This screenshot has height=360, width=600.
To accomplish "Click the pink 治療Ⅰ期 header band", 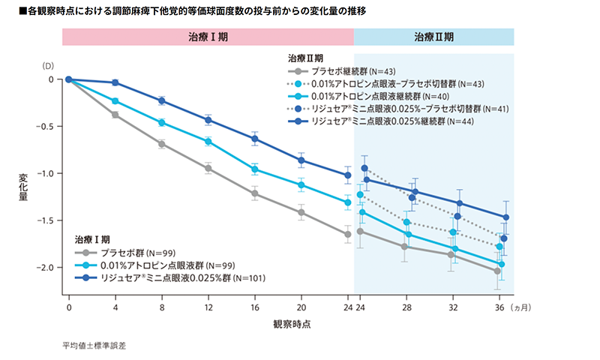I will pyautogui.click(x=208, y=37).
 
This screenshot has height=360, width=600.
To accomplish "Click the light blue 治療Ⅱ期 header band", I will pyautogui.click(x=433, y=37).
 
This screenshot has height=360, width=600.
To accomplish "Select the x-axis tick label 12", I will pyautogui.click(x=208, y=308).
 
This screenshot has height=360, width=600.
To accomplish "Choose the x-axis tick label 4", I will pyautogui.click(x=115, y=308).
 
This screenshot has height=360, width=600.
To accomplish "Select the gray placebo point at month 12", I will pyautogui.click(x=208, y=168).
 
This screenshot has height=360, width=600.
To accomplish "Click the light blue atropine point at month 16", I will pyautogui.click(x=255, y=169).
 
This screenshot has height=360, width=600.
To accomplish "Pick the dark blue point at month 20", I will pyautogui.click(x=301, y=160).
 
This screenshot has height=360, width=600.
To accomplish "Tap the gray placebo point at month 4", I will pyautogui.click(x=115, y=115).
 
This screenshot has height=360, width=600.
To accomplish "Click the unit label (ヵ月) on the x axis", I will pyautogui.click(x=521, y=308).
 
